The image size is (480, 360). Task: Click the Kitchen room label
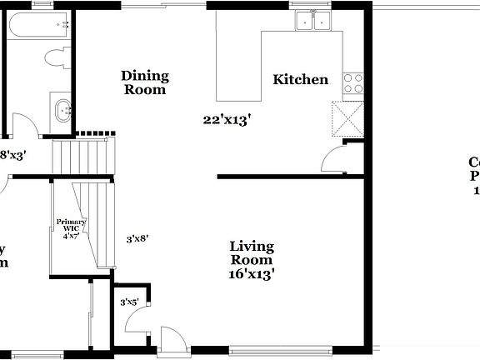click(x=301, y=80)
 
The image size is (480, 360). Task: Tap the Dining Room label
click(x=145, y=82)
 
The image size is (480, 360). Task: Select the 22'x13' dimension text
click(x=227, y=120)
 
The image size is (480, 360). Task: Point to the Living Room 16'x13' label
click(x=252, y=259)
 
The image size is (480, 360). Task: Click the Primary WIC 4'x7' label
click(x=77, y=228)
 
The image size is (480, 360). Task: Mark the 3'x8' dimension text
click(x=137, y=238)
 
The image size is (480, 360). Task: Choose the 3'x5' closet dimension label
click(x=129, y=302)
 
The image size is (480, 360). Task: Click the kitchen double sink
click(x=314, y=21)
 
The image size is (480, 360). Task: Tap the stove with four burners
click(x=353, y=82)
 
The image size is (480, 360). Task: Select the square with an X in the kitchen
click(x=347, y=117)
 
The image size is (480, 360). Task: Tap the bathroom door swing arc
click(x=27, y=125)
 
